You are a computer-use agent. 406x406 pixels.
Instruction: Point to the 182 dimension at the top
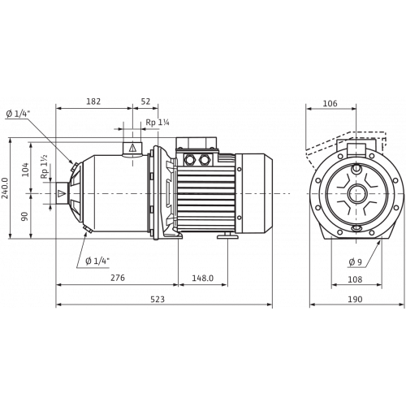click(93, 102)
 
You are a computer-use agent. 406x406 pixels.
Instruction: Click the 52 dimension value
click(145, 102)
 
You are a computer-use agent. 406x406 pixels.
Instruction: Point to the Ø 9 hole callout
click(354, 261)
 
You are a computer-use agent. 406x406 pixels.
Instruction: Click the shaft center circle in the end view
click(355, 194)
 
